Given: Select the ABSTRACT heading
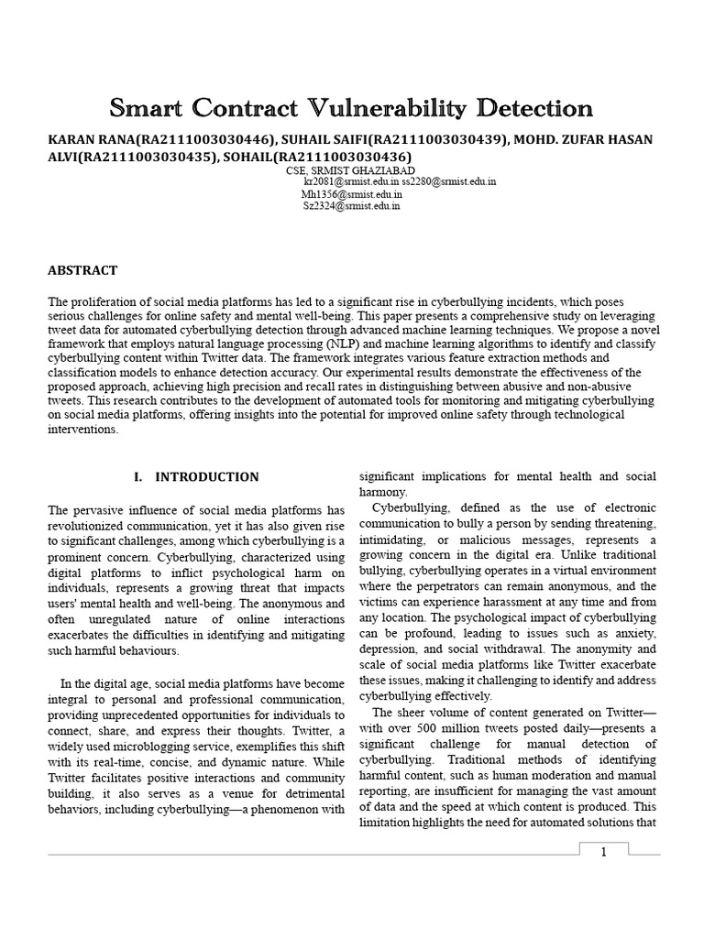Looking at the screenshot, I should [82, 270].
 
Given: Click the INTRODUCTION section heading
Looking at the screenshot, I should [206, 477].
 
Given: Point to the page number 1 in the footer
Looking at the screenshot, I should [604, 853].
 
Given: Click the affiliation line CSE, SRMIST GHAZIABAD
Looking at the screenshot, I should [337, 170].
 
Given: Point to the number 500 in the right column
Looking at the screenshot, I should [427, 728].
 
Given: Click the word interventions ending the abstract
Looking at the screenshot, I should [82, 429].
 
